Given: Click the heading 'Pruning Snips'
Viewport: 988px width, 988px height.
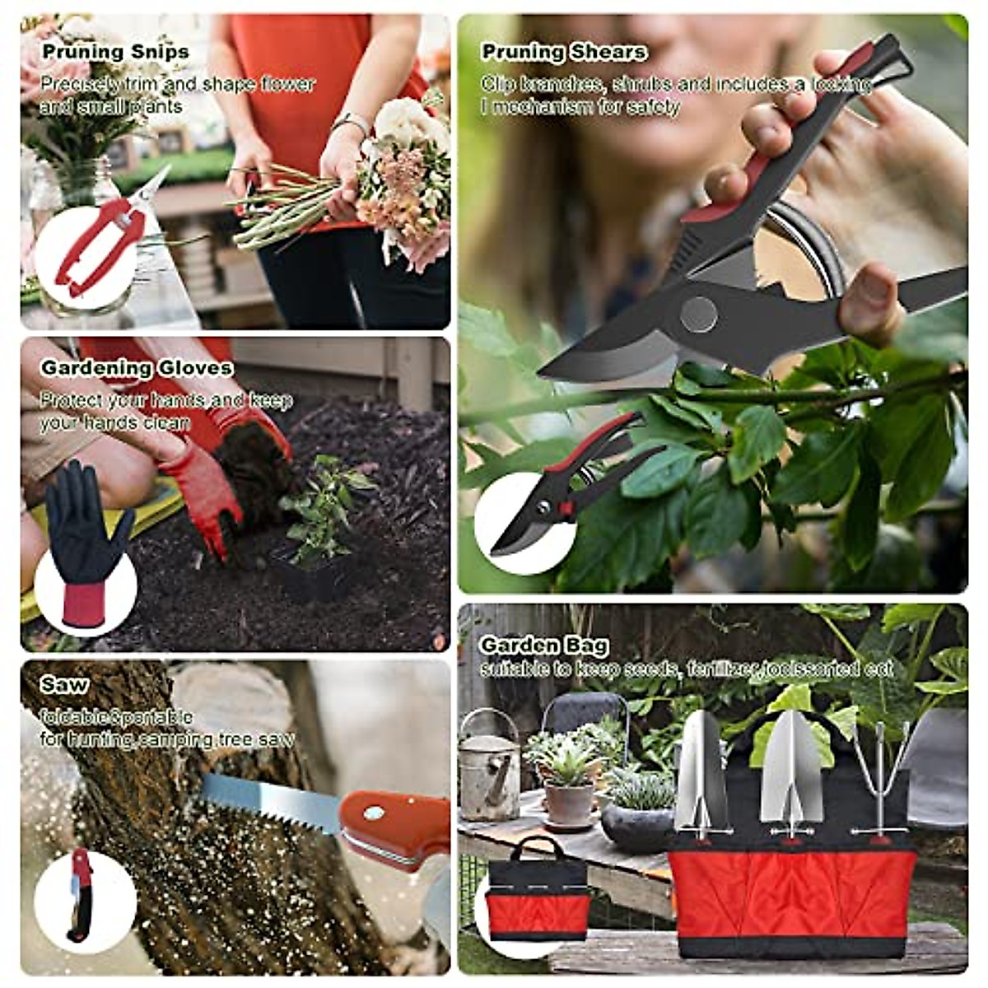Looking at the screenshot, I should pyautogui.click(x=115, y=52).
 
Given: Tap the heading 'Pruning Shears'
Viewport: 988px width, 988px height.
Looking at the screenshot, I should pyautogui.click(x=564, y=52).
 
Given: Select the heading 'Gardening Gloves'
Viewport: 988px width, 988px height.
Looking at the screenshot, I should pyautogui.click(x=137, y=368).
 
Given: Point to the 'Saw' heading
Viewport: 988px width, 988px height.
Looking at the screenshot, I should pyautogui.click(x=64, y=685).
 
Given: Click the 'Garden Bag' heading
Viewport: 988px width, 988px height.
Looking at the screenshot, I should pyautogui.click(x=544, y=645).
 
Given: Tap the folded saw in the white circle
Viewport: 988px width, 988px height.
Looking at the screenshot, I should pyautogui.click(x=81, y=894).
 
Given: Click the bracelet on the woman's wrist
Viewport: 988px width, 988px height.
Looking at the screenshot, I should pyautogui.click(x=352, y=123).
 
